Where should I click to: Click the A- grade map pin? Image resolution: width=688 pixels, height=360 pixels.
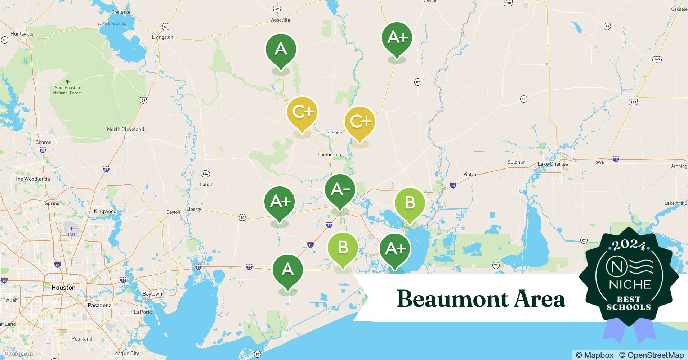click(340, 189)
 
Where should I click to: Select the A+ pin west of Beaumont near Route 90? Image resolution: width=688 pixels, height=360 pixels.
click(280, 202)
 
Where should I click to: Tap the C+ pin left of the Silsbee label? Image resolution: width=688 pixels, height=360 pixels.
click(302, 112)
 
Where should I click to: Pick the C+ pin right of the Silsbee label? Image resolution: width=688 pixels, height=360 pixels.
click(360, 122)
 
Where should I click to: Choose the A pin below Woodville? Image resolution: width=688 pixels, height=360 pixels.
click(281, 49)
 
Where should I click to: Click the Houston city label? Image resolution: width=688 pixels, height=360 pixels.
click(63, 288)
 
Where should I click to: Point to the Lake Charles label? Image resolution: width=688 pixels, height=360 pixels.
click(553, 164)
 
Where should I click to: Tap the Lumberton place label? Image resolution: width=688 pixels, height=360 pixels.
click(329, 155)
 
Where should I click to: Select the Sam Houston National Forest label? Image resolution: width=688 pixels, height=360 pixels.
click(67, 90)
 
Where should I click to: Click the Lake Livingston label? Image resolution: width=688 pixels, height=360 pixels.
click(112, 24)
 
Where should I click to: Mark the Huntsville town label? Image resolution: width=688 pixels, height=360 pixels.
click(22, 34)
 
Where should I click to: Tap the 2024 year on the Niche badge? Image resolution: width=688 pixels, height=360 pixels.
click(629, 245)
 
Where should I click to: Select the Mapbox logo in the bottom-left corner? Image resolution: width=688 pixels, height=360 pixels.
click(18, 354)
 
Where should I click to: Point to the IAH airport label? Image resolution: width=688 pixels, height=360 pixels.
click(72, 234)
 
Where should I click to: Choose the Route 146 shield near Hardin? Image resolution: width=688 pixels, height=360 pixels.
click(205, 174)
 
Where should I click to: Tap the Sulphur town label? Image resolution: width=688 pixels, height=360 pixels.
click(516, 162)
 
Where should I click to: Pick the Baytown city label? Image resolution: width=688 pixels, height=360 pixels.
click(152, 294)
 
